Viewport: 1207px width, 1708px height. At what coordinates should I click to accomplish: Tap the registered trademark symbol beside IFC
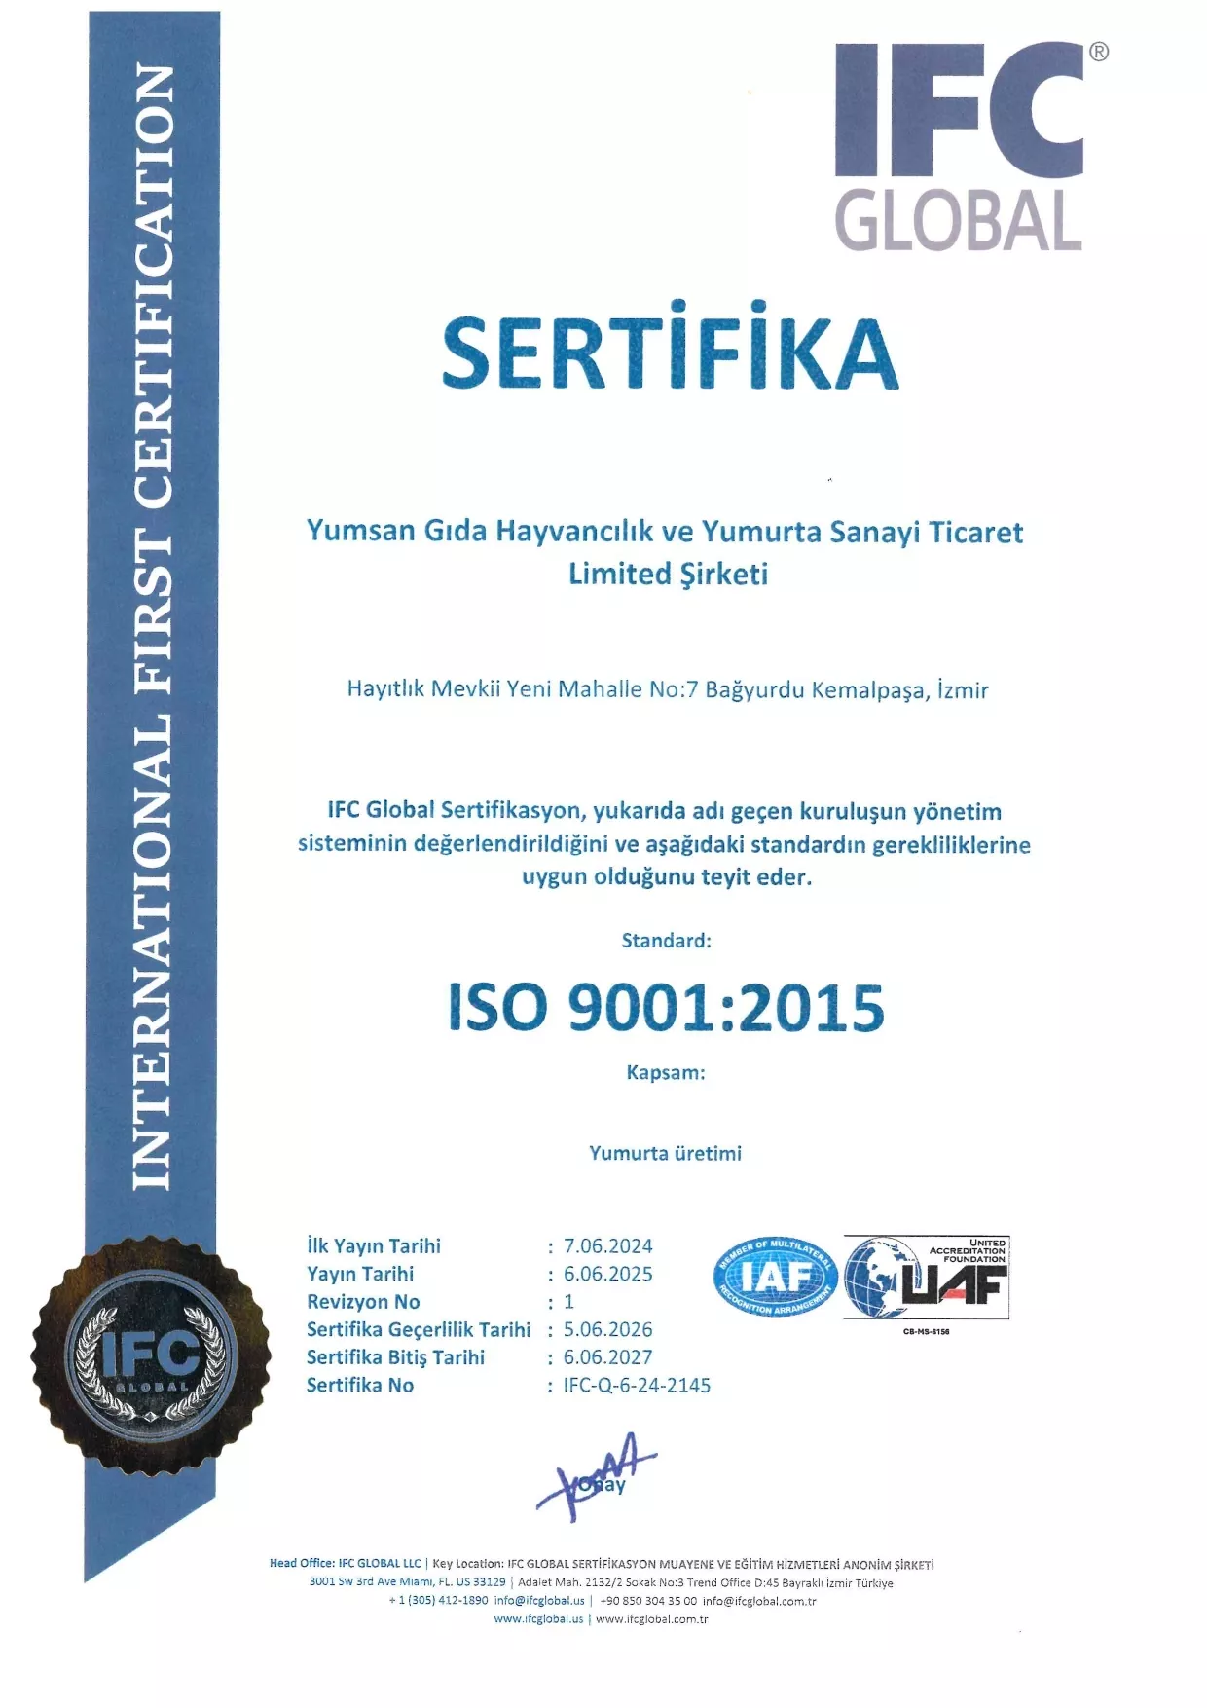[x=1098, y=53]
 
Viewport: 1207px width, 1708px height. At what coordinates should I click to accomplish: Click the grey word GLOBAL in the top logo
[x=958, y=220]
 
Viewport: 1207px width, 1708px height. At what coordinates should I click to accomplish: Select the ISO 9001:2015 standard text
[x=666, y=1007]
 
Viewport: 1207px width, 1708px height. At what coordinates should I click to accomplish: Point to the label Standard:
[x=667, y=941]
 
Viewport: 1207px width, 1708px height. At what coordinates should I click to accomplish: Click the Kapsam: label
[x=666, y=1072]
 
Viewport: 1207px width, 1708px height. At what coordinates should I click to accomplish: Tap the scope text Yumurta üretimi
[x=666, y=1153]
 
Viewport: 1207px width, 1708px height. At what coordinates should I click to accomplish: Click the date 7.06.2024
[x=608, y=1246]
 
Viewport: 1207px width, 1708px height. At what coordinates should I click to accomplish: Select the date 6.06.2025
[x=608, y=1274]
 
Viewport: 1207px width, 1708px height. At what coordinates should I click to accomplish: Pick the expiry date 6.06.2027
[x=608, y=1357]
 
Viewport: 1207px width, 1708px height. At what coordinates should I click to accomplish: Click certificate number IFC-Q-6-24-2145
[x=638, y=1385]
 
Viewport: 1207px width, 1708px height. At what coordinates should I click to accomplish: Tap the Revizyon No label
[x=363, y=1302]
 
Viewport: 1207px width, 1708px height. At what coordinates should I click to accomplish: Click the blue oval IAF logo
[x=776, y=1276]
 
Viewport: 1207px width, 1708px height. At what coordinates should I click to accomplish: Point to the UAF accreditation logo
[x=926, y=1278]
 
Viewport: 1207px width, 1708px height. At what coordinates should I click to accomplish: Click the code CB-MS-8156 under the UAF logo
[x=926, y=1331]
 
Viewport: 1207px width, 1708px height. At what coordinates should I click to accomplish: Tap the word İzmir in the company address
[x=963, y=690]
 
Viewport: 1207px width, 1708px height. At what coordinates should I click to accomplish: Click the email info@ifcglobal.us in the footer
[x=539, y=1600]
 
